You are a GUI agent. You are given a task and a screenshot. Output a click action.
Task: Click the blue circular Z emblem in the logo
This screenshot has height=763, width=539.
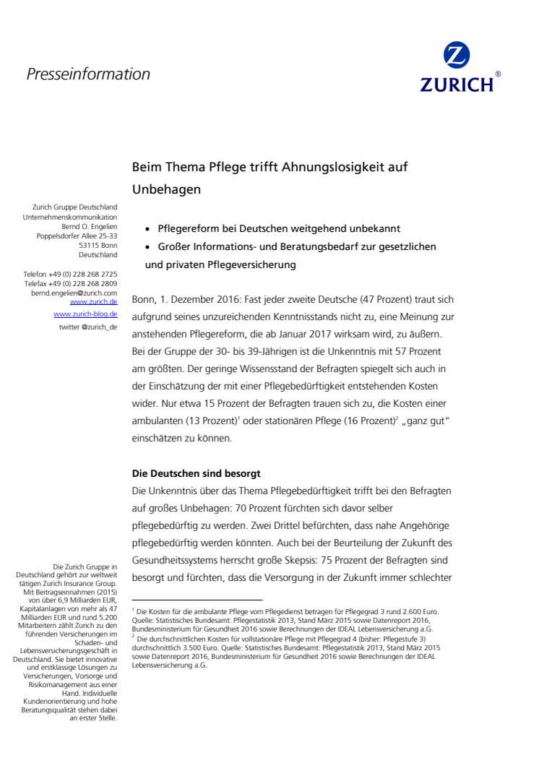click(457, 56)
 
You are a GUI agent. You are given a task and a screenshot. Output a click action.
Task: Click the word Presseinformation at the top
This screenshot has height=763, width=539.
click(88, 74)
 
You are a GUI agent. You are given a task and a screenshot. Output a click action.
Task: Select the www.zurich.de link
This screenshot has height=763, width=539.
click(94, 302)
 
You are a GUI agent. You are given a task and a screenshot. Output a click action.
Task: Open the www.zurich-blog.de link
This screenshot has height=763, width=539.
click(85, 314)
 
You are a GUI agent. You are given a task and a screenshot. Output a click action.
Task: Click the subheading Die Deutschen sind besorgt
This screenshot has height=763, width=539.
click(196, 474)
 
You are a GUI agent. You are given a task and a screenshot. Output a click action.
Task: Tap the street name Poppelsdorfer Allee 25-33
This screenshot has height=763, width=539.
click(77, 236)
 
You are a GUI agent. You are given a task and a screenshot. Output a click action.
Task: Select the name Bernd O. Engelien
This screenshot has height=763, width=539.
click(89, 226)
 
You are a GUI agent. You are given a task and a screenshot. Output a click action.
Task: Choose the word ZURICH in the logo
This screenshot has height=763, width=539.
click(457, 85)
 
